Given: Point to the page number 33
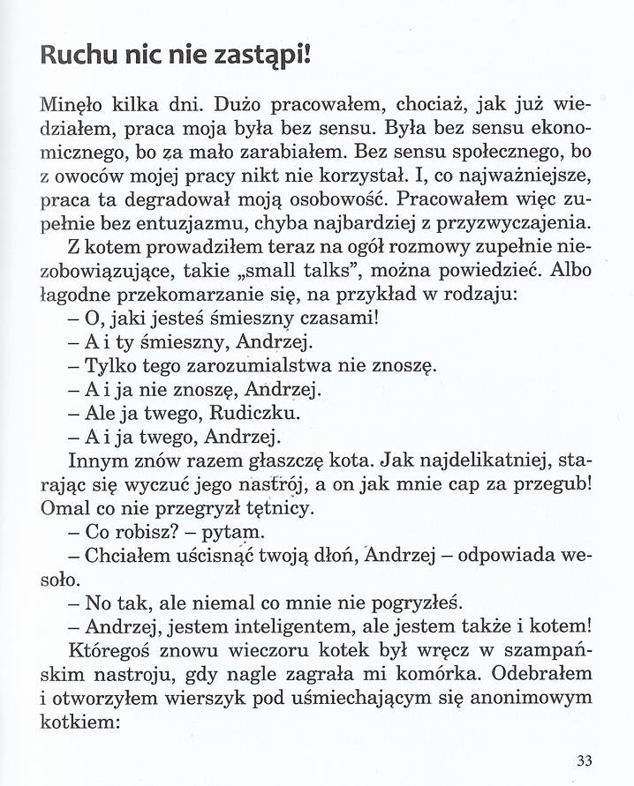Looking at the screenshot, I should pyautogui.click(x=583, y=761).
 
